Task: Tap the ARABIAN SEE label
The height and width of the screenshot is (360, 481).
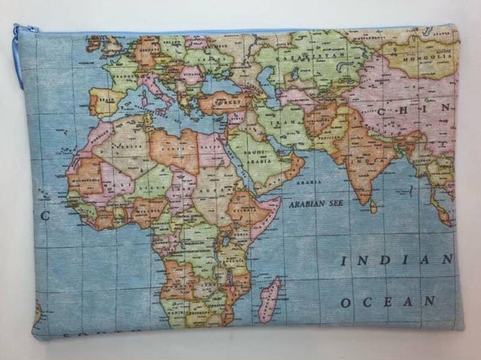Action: click(x=314, y=204)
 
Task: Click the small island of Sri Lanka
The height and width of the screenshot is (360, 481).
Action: click(x=373, y=207)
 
